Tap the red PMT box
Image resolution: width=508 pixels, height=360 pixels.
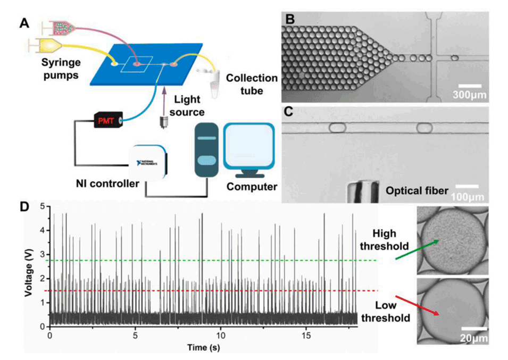109,120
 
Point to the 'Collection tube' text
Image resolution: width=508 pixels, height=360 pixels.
251,84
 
